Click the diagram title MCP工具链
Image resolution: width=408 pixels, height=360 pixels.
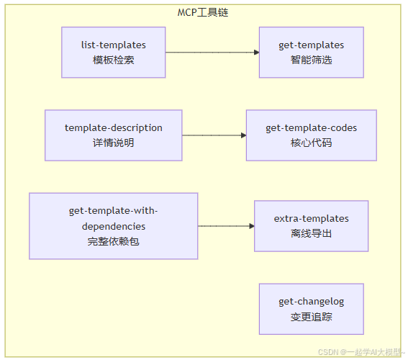(204, 13)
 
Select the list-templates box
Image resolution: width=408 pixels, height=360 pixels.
(113, 52)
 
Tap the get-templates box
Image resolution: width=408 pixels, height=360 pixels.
(311, 52)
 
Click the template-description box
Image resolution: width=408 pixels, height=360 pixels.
(113, 135)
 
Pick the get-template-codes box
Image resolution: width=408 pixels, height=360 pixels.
(311, 135)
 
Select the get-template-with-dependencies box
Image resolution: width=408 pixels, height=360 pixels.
(113, 225)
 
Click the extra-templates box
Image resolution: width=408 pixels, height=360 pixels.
(311, 225)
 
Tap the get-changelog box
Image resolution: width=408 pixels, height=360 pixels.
(311, 308)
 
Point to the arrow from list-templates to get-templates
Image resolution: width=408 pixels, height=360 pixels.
(212, 53)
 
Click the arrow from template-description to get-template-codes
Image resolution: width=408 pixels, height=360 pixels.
(214, 135)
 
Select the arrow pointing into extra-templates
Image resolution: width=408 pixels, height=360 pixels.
(226, 226)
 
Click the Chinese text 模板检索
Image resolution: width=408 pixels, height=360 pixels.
(113, 60)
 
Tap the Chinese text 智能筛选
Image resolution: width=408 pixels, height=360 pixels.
(311, 60)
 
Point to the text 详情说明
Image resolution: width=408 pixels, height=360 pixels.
(113, 143)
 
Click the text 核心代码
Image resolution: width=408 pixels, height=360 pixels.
(311, 143)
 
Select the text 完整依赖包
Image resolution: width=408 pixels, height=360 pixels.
(113, 241)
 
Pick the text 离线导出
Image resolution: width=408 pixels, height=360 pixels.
(311, 233)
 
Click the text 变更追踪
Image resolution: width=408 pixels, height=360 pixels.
(311, 316)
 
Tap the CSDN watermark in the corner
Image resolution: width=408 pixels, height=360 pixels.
(361, 352)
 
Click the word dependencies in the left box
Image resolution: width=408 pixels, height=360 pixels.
(113, 226)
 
